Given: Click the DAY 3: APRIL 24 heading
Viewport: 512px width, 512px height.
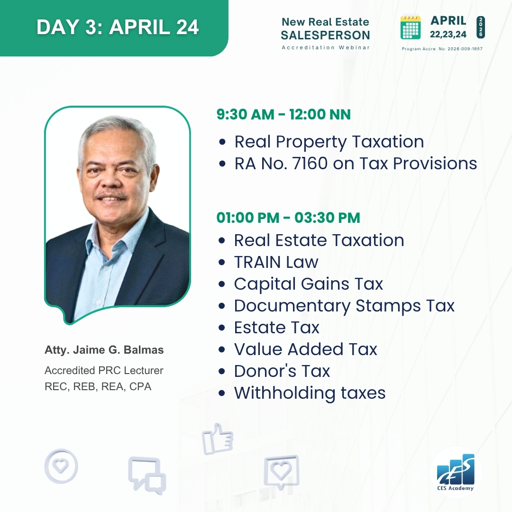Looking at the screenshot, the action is click(x=118, y=27).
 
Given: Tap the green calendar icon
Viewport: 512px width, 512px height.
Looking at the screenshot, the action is click(x=411, y=27).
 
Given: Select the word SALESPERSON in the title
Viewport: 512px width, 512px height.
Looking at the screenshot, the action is click(x=325, y=35).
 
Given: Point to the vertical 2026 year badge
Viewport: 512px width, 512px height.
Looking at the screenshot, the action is click(x=481, y=27).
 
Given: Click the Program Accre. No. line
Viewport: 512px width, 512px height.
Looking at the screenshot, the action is click(x=442, y=49).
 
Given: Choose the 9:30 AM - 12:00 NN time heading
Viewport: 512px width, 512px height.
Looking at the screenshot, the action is click(x=283, y=114).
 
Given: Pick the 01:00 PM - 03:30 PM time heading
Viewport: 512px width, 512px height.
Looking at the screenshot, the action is click(x=288, y=218).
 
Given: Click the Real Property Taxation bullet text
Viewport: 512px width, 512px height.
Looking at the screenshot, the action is click(x=329, y=142).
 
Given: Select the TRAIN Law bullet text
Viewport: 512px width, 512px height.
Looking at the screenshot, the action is click(x=276, y=262).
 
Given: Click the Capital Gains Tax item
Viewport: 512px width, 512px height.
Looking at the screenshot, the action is click(x=308, y=284).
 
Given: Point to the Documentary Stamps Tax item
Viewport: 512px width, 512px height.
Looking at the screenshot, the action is click(x=344, y=306).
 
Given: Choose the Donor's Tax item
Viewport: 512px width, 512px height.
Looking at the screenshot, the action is click(x=282, y=371).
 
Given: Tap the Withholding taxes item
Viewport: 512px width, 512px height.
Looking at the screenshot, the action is click(x=310, y=393).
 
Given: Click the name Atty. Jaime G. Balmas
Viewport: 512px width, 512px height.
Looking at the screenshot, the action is click(x=104, y=350).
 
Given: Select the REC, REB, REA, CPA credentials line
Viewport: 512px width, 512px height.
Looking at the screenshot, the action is click(x=98, y=386).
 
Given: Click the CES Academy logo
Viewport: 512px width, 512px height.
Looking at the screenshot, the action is click(x=456, y=472).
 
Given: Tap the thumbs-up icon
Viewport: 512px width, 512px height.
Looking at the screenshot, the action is click(x=218, y=439).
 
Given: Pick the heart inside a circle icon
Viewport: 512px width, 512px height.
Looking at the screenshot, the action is click(x=61, y=466).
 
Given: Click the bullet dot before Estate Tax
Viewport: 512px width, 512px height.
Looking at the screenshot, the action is click(x=222, y=328).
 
